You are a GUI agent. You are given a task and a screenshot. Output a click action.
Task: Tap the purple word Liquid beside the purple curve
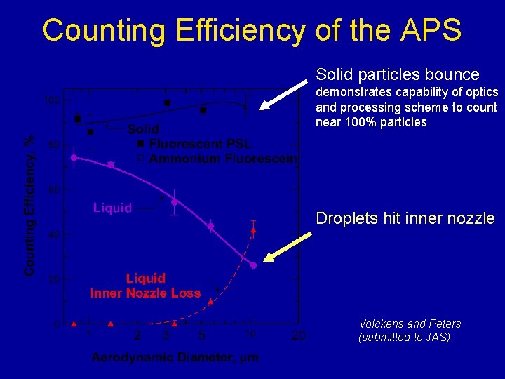(x=113, y=208)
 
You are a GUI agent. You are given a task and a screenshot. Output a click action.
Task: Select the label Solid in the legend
(x=143, y=130)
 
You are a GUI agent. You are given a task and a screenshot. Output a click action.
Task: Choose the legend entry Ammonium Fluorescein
(x=222, y=159)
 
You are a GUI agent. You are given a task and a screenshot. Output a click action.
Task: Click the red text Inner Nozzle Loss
(x=146, y=293)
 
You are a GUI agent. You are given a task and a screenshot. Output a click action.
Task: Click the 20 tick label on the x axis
(x=298, y=335)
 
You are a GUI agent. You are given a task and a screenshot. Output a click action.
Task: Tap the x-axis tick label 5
(x=201, y=335)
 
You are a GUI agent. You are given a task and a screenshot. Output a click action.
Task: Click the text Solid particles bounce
(x=398, y=74)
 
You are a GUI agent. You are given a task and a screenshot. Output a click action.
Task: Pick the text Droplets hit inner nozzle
(x=405, y=218)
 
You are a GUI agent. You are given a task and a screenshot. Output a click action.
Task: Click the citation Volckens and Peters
(x=410, y=324)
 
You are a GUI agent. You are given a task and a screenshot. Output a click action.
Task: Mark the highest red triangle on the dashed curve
(x=254, y=230)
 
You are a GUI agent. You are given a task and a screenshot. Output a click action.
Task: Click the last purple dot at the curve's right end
(x=254, y=266)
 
